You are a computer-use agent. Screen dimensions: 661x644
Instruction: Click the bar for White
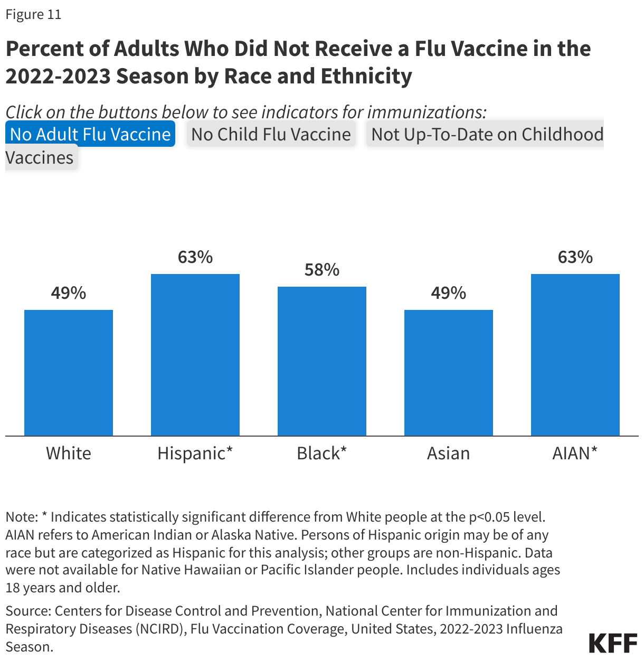click(69, 373)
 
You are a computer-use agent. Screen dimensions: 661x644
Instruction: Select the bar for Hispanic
click(195, 355)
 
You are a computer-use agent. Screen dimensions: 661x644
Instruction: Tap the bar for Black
click(322, 361)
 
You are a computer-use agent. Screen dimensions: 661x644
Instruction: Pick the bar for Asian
click(449, 373)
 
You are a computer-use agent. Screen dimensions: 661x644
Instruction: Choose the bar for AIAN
click(575, 355)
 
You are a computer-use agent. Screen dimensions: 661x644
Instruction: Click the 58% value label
click(322, 270)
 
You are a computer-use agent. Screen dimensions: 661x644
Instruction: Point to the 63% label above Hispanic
click(195, 257)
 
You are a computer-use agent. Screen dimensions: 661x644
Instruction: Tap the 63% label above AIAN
click(575, 257)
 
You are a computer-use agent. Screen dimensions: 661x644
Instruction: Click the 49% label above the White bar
click(69, 293)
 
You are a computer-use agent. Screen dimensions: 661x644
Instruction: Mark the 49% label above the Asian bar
click(449, 293)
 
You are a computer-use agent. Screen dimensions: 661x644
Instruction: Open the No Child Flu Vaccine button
click(271, 134)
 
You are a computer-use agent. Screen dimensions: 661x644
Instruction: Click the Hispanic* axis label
click(195, 453)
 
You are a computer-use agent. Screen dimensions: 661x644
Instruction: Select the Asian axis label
click(449, 453)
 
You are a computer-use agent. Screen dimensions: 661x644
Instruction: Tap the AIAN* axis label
click(575, 453)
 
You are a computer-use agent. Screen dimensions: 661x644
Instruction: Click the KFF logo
click(613, 643)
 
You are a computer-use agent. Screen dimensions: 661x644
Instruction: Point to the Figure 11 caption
click(33, 14)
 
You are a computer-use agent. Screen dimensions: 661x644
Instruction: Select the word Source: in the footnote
click(29, 611)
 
